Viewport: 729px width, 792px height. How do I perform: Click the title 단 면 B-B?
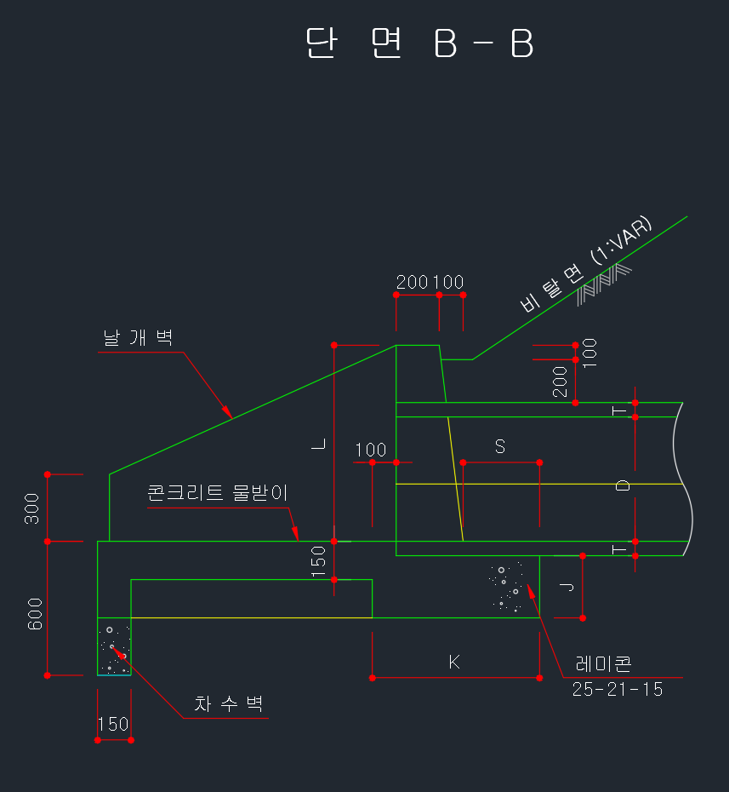[419, 43]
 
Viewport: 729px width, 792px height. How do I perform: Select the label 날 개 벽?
[138, 337]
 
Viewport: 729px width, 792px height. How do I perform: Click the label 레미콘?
[603, 663]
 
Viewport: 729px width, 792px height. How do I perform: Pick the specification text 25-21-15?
[618, 689]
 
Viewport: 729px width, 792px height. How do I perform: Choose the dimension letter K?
[454, 662]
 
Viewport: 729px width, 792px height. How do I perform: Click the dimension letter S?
[500, 446]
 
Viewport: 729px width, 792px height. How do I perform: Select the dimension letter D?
[623, 485]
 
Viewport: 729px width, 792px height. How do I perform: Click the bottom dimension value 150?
[113, 725]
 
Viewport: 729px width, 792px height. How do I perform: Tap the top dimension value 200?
[413, 282]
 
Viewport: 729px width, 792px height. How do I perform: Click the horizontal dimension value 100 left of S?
[371, 450]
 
